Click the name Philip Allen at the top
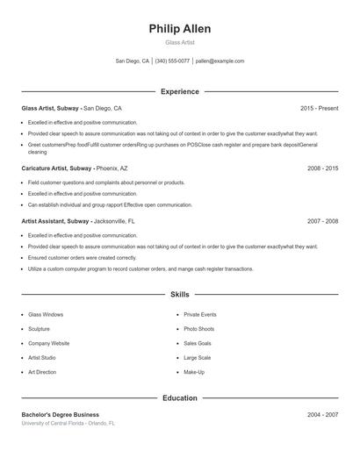click(x=180, y=29)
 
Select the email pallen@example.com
click(x=220, y=61)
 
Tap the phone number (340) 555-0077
click(x=171, y=61)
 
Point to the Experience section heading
click(x=180, y=91)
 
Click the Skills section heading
click(x=180, y=295)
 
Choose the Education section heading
click(x=180, y=397)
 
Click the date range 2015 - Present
click(x=319, y=108)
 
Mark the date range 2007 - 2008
click(x=322, y=222)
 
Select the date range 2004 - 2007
click(x=322, y=414)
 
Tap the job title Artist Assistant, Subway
click(x=54, y=222)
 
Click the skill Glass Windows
click(x=46, y=314)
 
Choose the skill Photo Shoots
click(x=198, y=329)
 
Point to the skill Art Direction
click(x=42, y=372)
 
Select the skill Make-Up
click(x=194, y=372)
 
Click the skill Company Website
click(x=48, y=343)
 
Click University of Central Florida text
click(x=53, y=423)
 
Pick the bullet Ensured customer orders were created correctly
click(x=82, y=258)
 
